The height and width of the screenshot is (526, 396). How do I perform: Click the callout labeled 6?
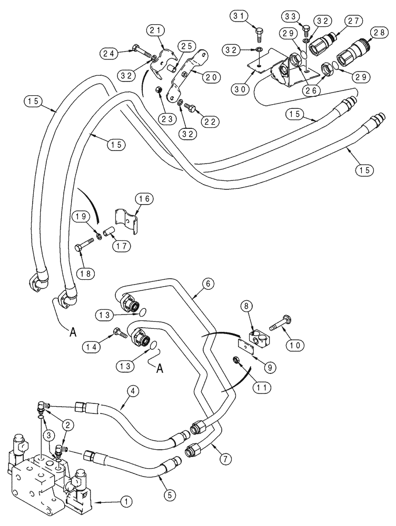(209, 283)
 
